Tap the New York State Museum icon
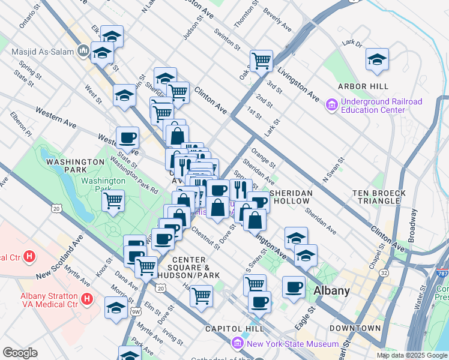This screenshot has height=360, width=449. click(x=237, y=343)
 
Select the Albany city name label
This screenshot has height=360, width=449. click(x=331, y=291)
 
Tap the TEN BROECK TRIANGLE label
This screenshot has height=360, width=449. click(x=379, y=197)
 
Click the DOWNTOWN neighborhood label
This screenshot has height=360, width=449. click(x=355, y=328)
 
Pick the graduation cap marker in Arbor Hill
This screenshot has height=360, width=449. click(x=376, y=59)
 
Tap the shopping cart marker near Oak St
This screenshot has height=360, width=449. click(x=262, y=61)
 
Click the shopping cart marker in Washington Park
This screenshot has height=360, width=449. click(x=113, y=200)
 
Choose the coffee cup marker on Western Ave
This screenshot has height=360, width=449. click(x=127, y=138)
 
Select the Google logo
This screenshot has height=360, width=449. click(x=20, y=353)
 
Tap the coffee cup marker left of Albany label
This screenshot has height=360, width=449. click(x=294, y=287)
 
